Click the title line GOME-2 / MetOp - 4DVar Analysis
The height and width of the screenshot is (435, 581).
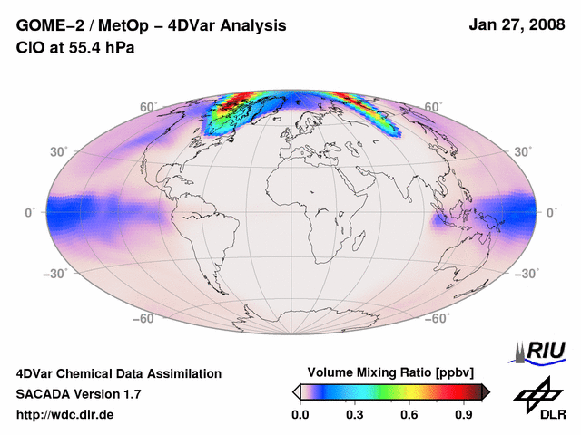click(152, 26)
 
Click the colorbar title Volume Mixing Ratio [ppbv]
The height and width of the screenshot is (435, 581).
click(386, 373)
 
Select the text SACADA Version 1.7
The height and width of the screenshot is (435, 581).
click(79, 394)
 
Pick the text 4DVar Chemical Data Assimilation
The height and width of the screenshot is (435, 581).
click(118, 373)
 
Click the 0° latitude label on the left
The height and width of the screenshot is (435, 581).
click(30, 212)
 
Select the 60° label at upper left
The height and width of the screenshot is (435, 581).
click(147, 108)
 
